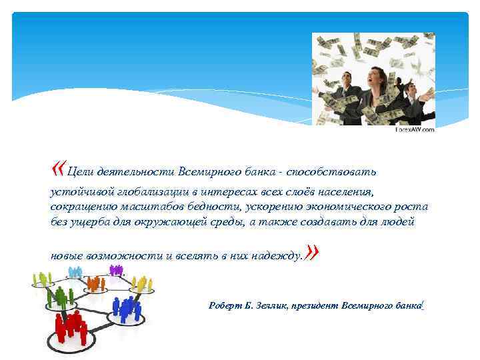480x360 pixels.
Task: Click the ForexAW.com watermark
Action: (415, 130)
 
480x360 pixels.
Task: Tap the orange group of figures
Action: (95, 283)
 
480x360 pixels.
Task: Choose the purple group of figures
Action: (117, 270)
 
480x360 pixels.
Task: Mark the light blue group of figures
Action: (75, 272)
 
